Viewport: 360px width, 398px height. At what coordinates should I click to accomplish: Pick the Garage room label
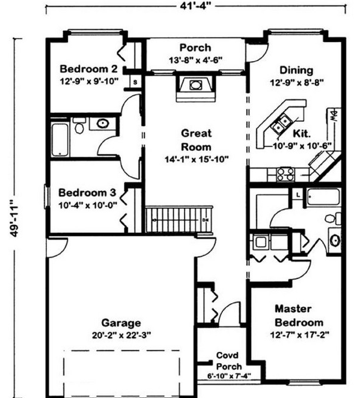(x=121, y=322)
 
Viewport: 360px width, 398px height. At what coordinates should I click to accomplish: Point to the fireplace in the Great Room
(x=195, y=85)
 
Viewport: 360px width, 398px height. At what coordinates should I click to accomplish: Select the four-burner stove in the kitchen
(x=285, y=174)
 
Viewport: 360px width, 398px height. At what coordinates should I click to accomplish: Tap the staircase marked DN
(x=180, y=219)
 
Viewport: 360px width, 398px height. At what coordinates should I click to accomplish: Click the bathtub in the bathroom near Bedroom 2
(x=61, y=139)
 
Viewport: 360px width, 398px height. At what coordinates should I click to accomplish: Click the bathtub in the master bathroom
(x=323, y=197)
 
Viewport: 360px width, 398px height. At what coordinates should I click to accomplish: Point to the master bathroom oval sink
(x=336, y=240)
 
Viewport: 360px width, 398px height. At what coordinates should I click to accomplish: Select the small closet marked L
(x=298, y=193)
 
